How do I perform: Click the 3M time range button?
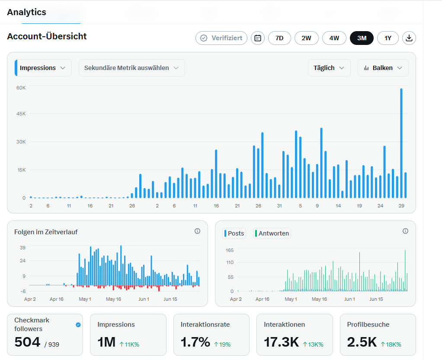coord(362,38)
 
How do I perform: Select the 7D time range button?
coord(279,38)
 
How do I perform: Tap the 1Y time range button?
coord(388,38)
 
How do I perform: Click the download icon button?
coord(409,38)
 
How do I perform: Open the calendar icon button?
coord(258,38)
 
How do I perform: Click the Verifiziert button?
coord(221,38)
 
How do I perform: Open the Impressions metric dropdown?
coord(43,68)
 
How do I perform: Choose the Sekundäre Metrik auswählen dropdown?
coord(131,68)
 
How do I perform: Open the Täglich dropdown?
coord(329,68)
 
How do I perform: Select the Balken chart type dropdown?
coord(383,68)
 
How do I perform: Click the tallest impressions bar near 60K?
coord(401,143)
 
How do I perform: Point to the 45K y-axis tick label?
coord(21,114)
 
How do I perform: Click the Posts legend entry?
coord(234,233)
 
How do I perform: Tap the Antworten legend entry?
coord(272,233)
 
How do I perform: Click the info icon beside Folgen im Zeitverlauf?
coord(197,231)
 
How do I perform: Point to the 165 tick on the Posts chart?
coord(230,250)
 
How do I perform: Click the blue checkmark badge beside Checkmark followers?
coord(78,325)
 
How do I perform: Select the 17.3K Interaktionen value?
coord(281,342)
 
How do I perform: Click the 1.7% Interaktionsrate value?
coord(195,342)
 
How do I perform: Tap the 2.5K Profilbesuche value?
coord(362,342)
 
